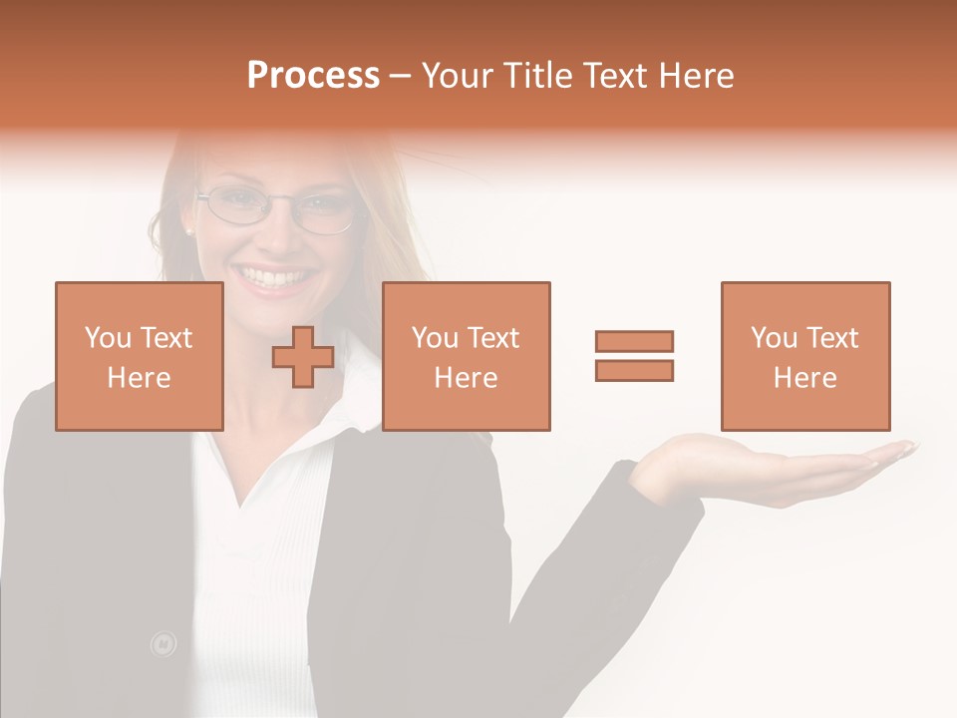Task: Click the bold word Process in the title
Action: click(313, 76)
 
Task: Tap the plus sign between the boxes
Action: click(303, 356)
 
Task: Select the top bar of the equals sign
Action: click(634, 341)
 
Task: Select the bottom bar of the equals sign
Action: click(634, 370)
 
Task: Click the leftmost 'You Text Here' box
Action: click(139, 356)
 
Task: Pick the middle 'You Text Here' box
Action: click(466, 356)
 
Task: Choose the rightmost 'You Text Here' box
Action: click(804, 356)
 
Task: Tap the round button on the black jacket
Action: click(162, 644)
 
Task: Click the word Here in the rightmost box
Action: click(804, 378)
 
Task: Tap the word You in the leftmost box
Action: click(108, 338)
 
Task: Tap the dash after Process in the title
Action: click(400, 76)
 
